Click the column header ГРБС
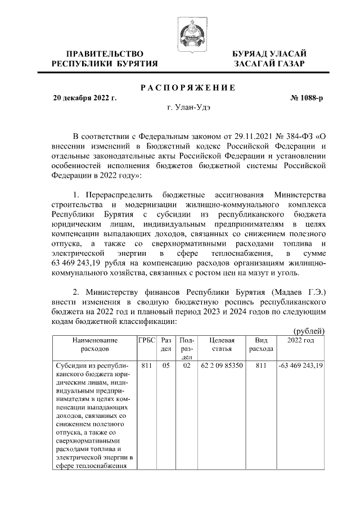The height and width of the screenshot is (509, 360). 146,340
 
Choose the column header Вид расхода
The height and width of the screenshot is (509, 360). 261,344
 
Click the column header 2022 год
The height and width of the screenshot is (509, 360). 300,340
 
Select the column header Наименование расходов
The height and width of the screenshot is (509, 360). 94,344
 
